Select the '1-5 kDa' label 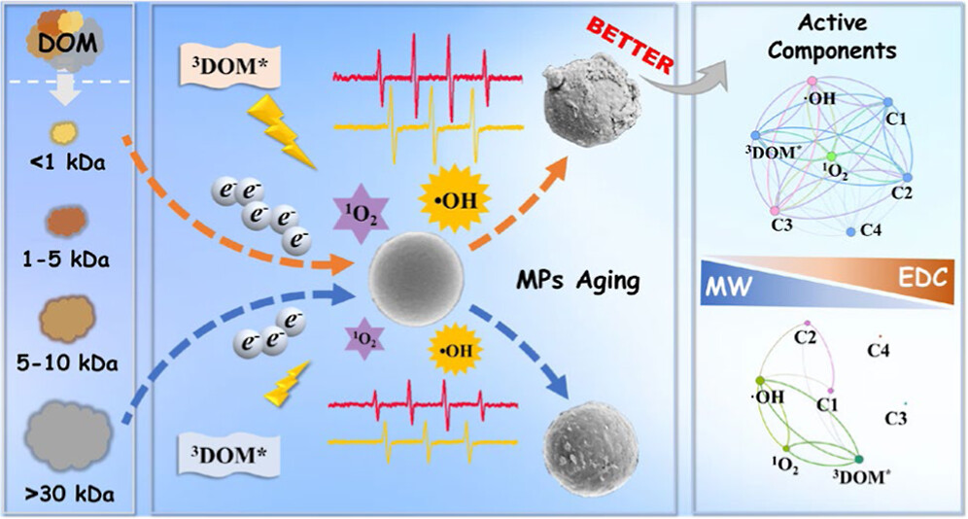click(69, 260)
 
